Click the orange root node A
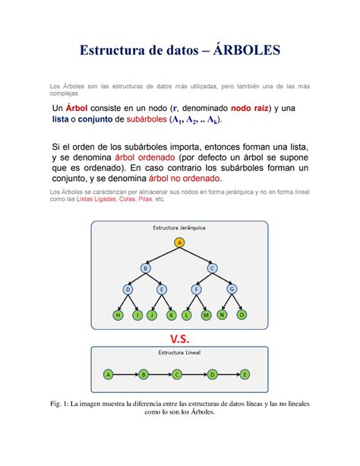(x=180, y=243)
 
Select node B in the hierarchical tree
(x=145, y=268)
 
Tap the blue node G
(x=232, y=290)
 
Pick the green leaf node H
(x=118, y=314)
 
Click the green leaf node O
(x=242, y=314)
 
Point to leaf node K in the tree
(x=171, y=314)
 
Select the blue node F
(x=197, y=290)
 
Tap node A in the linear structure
(x=109, y=374)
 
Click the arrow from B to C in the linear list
(x=159, y=374)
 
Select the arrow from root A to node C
(x=197, y=255)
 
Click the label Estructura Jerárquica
(x=179, y=227)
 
